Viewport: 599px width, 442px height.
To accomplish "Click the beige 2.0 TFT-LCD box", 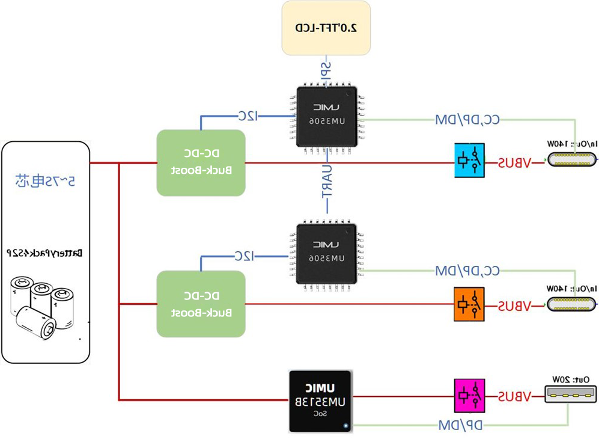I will pos(326,28).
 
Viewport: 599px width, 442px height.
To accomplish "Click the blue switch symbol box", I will pos(469,161).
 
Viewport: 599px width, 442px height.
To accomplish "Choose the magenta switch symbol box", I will pos(469,396).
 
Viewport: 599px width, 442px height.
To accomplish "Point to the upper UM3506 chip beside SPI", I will pos(326,116).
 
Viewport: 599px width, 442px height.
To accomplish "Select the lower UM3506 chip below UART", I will pos(326,253).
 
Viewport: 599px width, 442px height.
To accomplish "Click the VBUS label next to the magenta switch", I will pos(514,397).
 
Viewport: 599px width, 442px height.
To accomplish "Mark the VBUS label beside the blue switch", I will pos(514,162).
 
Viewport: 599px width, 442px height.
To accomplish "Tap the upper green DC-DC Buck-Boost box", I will pos(201,162).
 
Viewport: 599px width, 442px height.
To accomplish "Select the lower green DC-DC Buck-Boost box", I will pos(201,304).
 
